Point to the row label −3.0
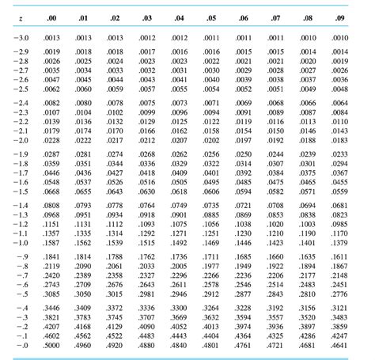click(x=18, y=37)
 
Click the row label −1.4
click(x=18, y=205)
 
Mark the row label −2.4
click(x=18, y=104)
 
